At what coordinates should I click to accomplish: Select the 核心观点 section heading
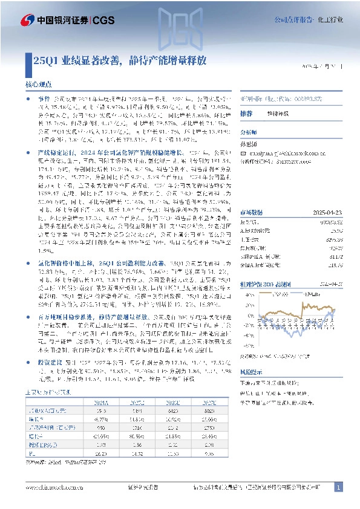click(x=42, y=85)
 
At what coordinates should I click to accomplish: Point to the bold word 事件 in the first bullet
click(x=44, y=97)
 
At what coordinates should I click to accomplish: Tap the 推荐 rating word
click(x=246, y=114)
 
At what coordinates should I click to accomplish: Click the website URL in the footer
click(x=55, y=487)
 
